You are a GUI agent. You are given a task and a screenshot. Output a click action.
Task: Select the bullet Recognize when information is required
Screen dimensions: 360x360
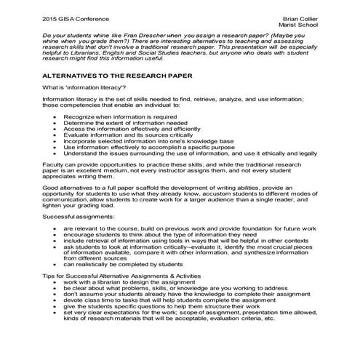(x=119, y=116)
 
